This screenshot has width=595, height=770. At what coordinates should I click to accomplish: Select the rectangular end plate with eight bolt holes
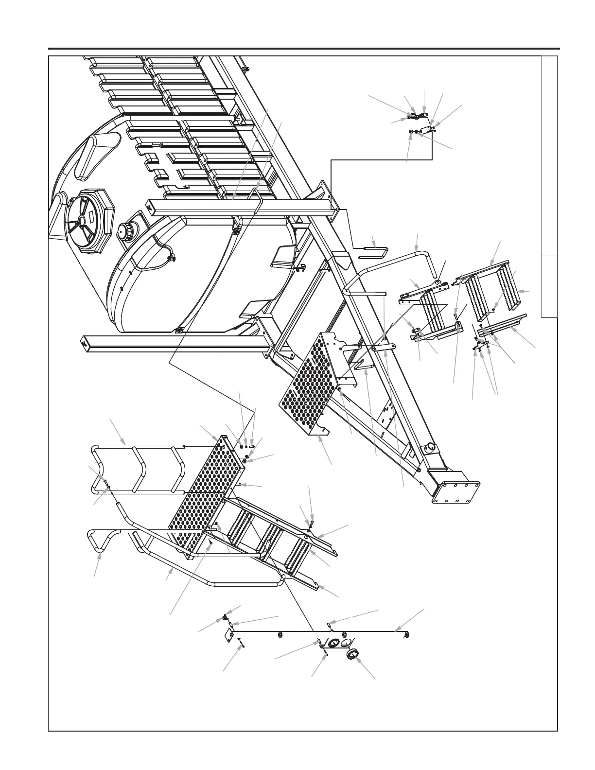tap(456, 491)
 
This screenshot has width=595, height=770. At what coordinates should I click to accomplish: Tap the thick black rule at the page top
tap(304, 49)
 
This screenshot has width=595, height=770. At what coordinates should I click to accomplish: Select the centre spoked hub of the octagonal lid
tap(81, 220)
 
